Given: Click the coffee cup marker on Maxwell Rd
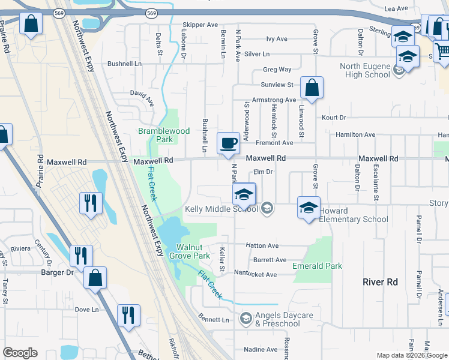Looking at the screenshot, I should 228,144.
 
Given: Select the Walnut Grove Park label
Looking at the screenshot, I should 193,251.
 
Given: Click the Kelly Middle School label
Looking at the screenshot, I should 221,209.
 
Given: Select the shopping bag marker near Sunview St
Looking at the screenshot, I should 312,89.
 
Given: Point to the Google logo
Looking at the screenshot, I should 20,353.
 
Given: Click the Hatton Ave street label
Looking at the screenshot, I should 262,246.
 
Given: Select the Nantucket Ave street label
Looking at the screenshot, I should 255,275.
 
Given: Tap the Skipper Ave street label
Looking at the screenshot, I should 200,25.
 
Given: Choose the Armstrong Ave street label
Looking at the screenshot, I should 274,100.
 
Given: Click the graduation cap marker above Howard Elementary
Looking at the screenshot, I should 309,208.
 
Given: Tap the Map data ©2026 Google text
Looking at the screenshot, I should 411,355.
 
